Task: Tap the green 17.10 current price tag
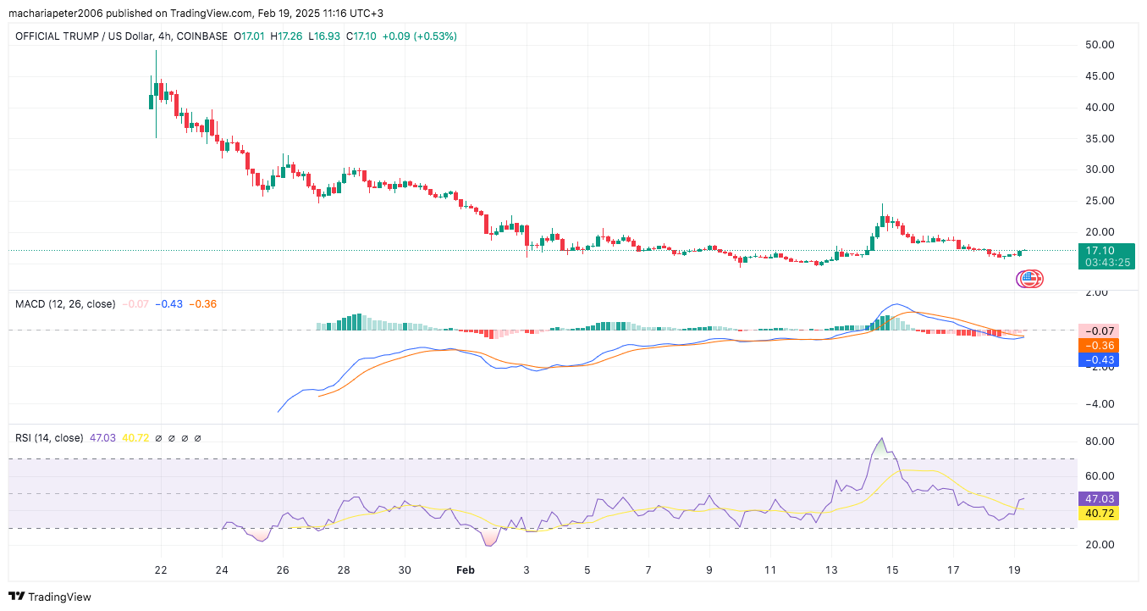pos(1106,251)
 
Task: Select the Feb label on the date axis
pos(465,570)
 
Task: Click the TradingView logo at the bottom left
pos(50,597)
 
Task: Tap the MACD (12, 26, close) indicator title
pos(65,303)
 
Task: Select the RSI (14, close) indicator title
pos(49,438)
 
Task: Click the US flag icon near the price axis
pos(1029,278)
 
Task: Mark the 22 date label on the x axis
pos(161,570)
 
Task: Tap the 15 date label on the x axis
pos(892,570)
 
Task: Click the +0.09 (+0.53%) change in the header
pos(421,36)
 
